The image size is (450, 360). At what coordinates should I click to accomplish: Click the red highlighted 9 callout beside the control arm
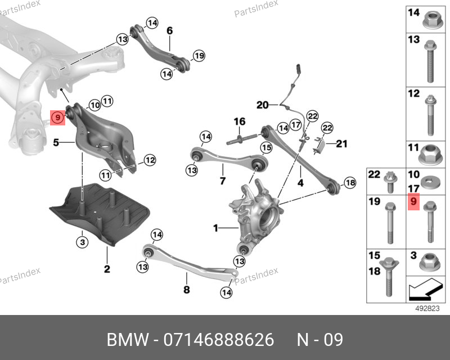[58, 118]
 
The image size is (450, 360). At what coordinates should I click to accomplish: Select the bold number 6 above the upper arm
[170, 31]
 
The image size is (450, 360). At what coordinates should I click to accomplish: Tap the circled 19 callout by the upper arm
[199, 56]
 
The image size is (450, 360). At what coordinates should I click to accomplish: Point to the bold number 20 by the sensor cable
[263, 105]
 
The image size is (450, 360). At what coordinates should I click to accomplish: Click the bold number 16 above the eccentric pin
[240, 121]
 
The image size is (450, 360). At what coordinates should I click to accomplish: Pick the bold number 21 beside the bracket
[341, 143]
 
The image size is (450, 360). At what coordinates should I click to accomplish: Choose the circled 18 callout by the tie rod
[350, 183]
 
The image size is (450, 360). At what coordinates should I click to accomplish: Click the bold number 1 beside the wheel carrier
[216, 228]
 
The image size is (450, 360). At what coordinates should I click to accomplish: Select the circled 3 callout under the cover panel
[82, 242]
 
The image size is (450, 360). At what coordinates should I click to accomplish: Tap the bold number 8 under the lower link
[187, 289]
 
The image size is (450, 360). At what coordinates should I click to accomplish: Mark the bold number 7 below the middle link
[223, 181]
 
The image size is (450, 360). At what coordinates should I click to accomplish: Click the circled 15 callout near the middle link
[266, 147]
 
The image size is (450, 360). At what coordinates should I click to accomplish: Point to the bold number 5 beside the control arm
[56, 142]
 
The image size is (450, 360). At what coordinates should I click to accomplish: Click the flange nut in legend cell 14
[430, 21]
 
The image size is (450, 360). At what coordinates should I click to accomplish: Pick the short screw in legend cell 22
[390, 182]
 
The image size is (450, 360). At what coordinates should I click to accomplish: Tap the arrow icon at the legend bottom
[425, 289]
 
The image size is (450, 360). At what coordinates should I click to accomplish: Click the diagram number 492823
[427, 308]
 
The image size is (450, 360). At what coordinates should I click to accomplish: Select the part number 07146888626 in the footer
[219, 340]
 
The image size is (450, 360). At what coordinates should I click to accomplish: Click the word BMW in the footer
[128, 340]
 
